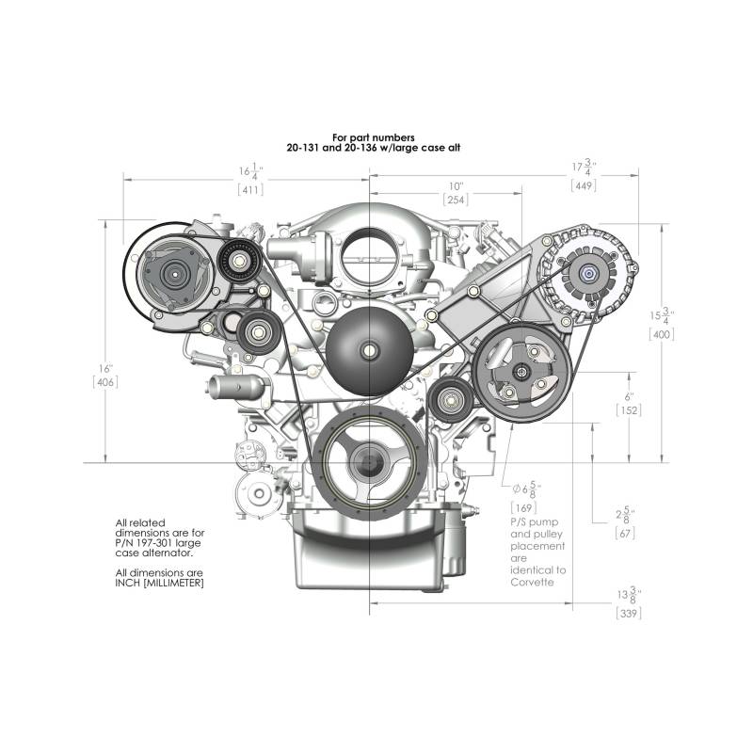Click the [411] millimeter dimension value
[250, 190]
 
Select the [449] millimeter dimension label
[584, 185]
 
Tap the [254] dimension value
[456, 200]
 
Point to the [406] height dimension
[105, 382]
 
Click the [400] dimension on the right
[662, 334]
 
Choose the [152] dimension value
[629, 410]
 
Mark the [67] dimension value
[625, 533]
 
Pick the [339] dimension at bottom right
[629, 614]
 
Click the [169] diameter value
[523, 507]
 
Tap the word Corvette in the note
[532, 582]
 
